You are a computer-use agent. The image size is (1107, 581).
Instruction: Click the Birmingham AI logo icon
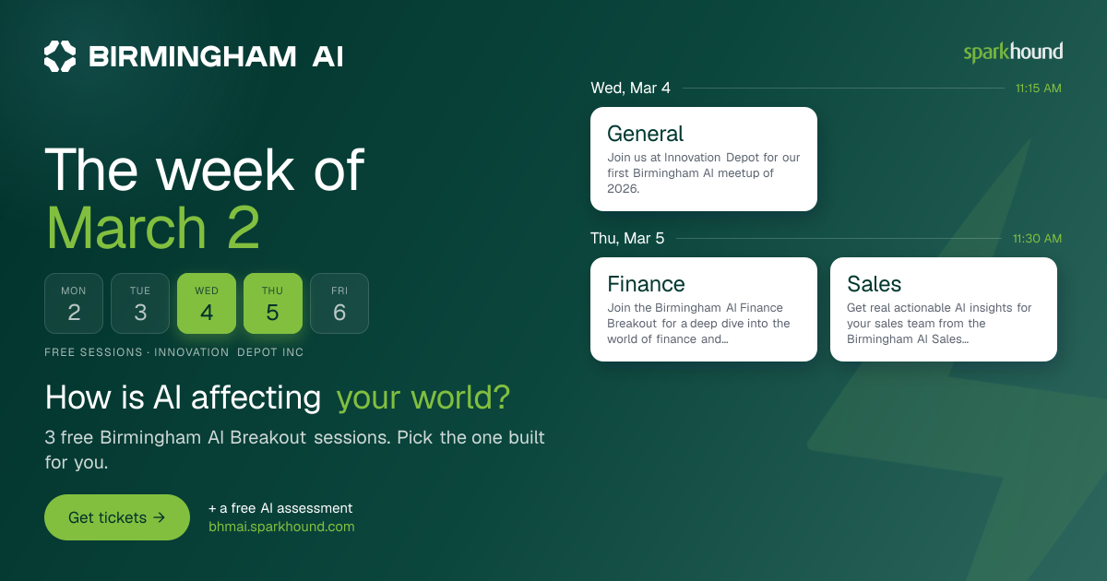pos(60,56)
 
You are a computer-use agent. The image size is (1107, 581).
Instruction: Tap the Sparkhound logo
pos(1013,53)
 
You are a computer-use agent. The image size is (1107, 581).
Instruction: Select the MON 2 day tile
pos(74,303)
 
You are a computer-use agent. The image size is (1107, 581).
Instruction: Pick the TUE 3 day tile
pos(140,303)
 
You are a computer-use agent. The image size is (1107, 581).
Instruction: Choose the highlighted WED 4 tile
pos(207,303)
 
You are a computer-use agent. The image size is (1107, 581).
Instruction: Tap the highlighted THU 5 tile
pos(273,303)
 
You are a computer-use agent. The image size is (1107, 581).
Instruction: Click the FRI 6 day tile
pos(339,303)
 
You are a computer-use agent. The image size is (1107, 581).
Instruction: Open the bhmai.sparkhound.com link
pos(281,527)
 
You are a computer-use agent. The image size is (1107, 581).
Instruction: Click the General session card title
pos(646,134)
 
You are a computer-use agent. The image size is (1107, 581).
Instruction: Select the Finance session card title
pos(646,284)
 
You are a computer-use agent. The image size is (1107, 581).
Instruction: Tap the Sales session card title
pos(875,284)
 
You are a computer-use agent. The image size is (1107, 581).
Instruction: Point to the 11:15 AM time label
pos(1039,89)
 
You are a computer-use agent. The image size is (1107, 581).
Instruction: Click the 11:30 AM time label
pos(1037,239)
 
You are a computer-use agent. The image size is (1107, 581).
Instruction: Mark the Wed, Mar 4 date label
pos(631,88)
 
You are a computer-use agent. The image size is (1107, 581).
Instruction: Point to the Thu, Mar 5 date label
pos(627,238)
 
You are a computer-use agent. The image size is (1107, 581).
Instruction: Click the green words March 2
pos(153,228)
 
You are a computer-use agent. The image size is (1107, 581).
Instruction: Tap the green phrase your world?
pos(423,397)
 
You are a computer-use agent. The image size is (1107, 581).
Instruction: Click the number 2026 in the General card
pos(624,189)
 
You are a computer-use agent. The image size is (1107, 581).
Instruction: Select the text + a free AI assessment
pos(280,508)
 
